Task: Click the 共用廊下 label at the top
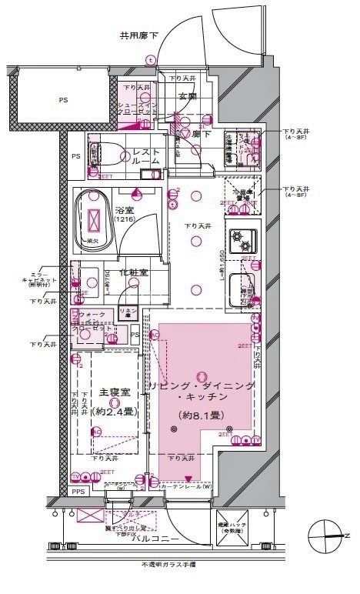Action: [139, 35]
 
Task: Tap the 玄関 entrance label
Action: [188, 95]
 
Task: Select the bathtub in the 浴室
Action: [95, 220]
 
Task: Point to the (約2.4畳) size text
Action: [114, 412]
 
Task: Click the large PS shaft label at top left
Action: [62, 99]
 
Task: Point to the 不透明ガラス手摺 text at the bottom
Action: [168, 564]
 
